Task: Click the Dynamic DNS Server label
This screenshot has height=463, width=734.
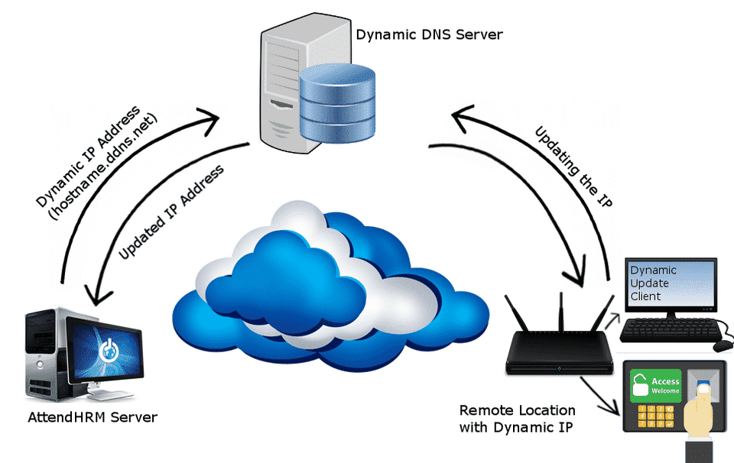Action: (x=429, y=34)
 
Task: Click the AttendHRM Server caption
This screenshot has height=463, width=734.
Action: (x=93, y=418)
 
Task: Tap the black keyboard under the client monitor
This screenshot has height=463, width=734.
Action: (x=669, y=330)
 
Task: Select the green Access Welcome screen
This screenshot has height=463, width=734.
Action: (x=655, y=387)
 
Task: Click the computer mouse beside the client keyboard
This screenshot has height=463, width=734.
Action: (x=723, y=345)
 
